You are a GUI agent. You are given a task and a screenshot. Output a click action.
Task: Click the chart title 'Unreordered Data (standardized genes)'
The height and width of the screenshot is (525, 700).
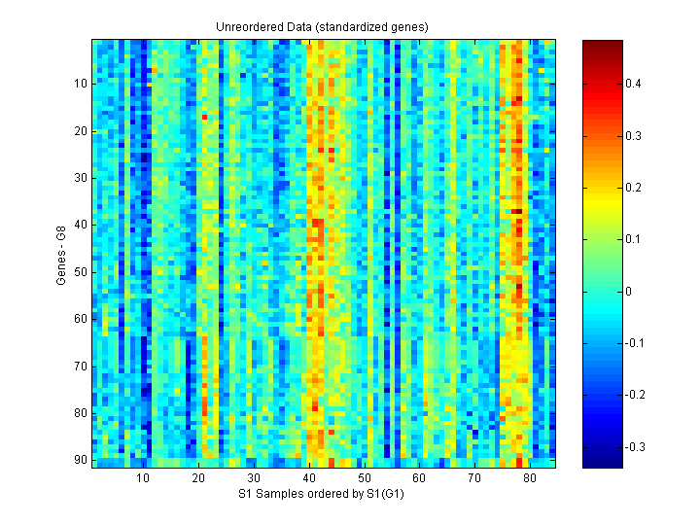(323, 26)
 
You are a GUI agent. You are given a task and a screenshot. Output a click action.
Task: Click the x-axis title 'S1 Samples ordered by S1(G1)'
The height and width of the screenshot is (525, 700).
(323, 494)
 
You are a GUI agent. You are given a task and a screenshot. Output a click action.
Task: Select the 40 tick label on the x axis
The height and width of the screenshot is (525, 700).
(308, 478)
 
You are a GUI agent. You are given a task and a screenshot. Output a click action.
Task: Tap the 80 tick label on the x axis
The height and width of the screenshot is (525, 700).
(529, 478)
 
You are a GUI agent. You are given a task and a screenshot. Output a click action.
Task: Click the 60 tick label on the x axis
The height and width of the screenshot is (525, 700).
(419, 478)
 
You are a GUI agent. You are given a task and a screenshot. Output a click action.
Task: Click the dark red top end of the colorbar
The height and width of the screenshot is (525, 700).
(603, 44)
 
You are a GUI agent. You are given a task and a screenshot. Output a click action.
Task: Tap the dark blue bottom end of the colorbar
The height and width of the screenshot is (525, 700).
(603, 464)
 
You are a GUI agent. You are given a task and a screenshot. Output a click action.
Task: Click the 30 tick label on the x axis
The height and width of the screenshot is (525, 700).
(253, 478)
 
